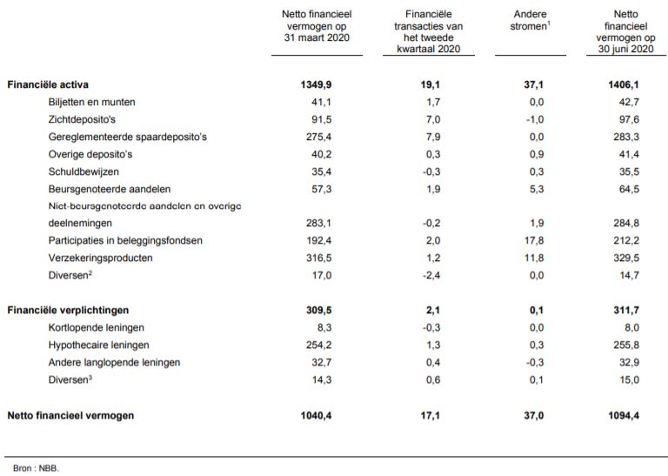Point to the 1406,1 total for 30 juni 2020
coord(621,85)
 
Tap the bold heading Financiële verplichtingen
coord(68,310)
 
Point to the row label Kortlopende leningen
coord(96,327)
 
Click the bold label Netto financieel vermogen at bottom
coord(70,416)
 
